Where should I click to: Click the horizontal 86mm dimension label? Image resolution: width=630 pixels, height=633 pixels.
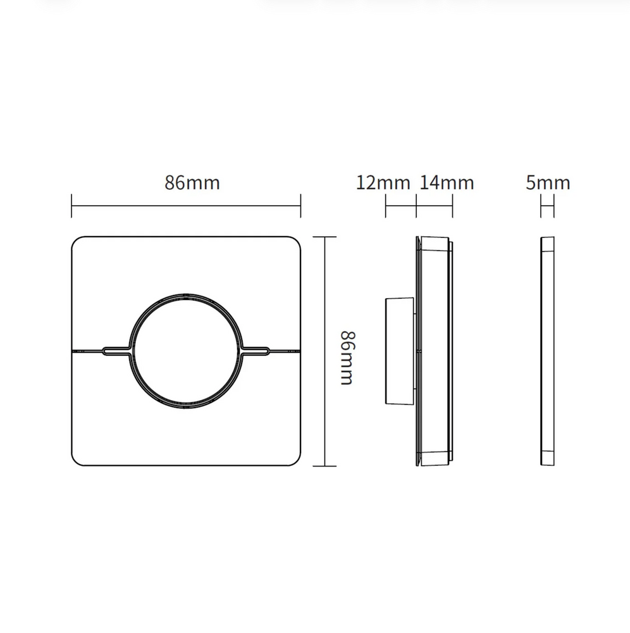[192, 183]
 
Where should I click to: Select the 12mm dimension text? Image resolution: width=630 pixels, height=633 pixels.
[383, 183]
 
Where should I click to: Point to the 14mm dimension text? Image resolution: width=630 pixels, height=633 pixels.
[447, 183]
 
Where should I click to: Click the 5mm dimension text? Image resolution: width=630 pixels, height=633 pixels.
[548, 183]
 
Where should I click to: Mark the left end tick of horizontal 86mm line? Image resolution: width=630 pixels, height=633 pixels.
[72, 206]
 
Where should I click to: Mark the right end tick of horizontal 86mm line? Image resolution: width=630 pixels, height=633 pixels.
[300, 206]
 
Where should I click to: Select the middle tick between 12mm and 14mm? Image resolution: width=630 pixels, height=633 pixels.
[417, 206]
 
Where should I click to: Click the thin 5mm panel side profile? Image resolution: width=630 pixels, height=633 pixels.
[548, 351]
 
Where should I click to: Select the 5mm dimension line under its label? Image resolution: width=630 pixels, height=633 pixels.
[548, 206]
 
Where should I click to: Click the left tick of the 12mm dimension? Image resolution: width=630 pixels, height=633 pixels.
[386, 206]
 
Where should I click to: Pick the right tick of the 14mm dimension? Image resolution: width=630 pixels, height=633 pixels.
[452, 206]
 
